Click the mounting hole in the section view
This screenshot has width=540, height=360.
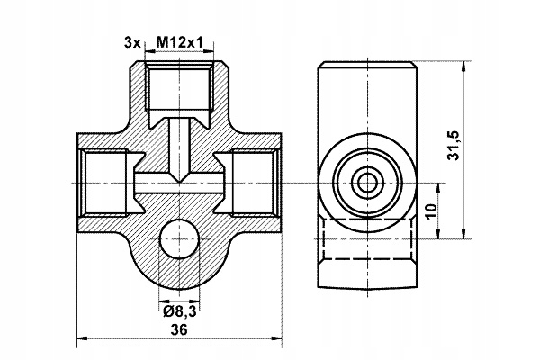point(179,240)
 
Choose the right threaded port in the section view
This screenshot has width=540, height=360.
point(253,182)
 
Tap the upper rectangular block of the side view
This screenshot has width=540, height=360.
point(366,94)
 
